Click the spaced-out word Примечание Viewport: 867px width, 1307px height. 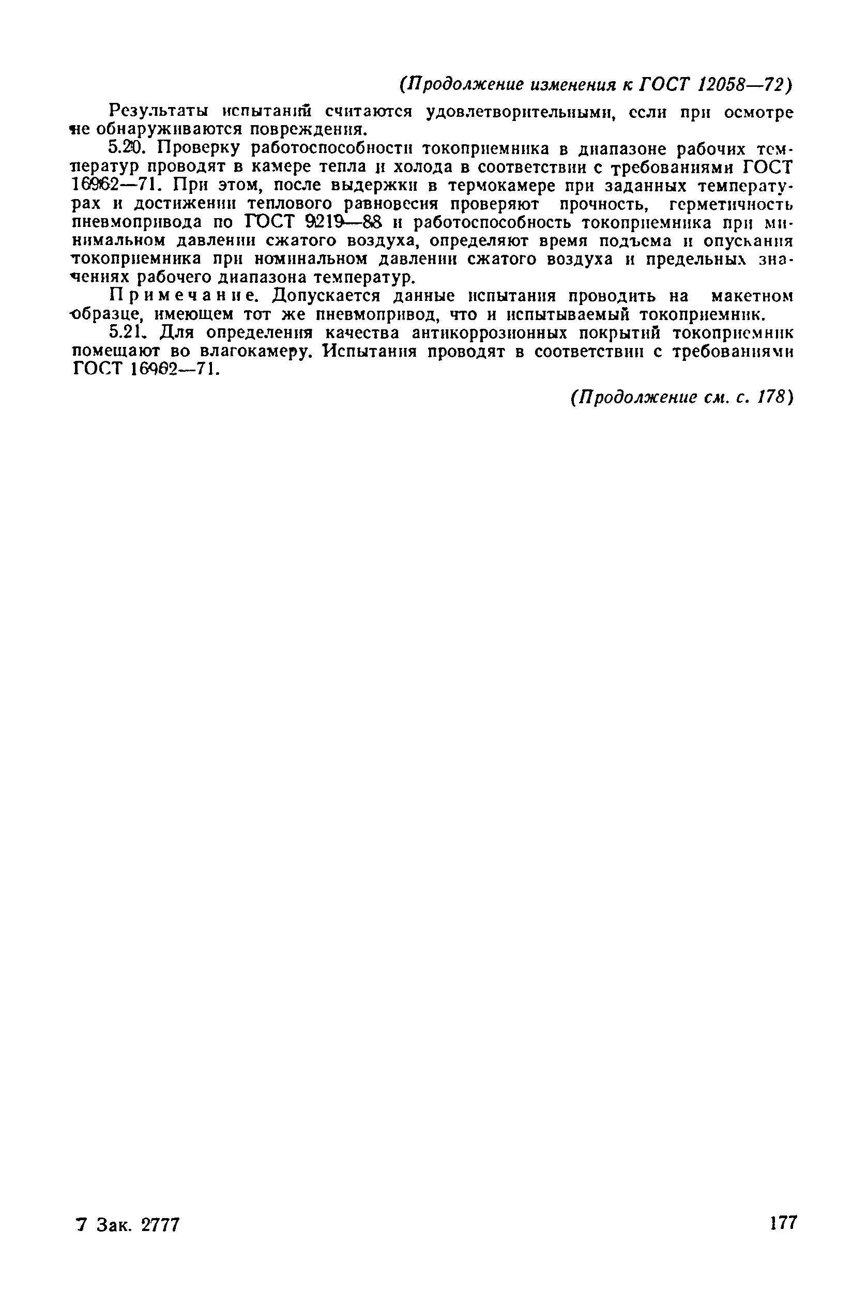(184, 296)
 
